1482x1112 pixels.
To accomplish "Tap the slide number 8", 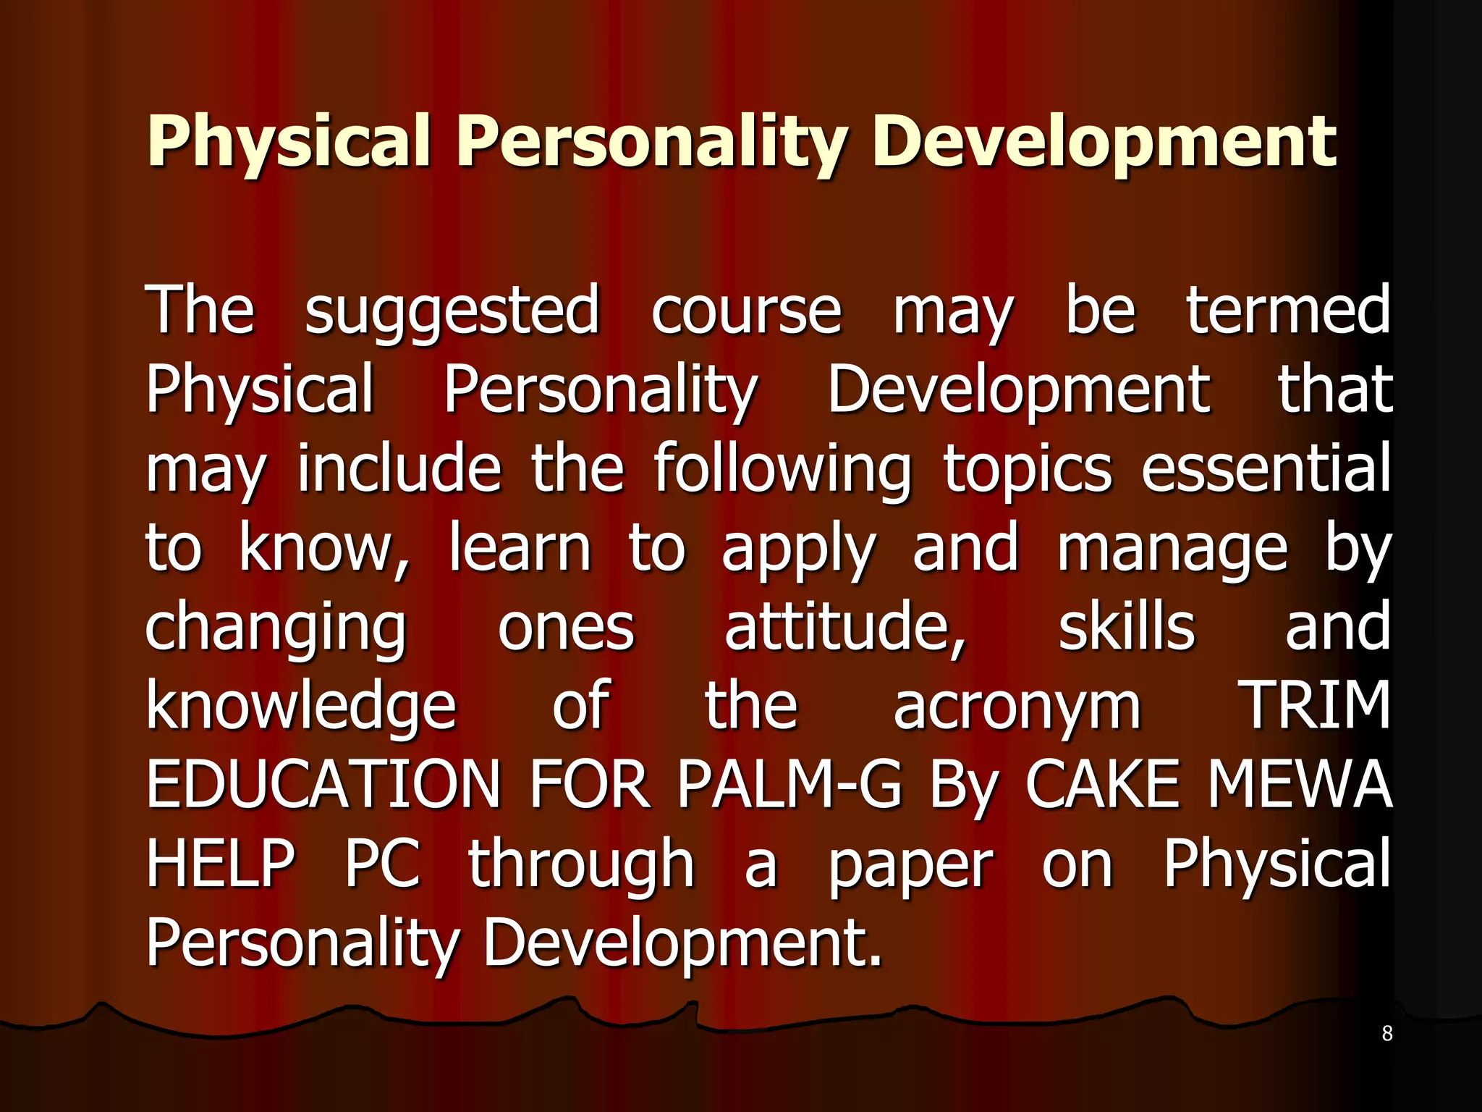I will click(1387, 1033).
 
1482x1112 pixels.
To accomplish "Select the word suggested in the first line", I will click(452, 311).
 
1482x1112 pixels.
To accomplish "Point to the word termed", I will click(1287, 311).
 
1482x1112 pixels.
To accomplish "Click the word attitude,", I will click(845, 627).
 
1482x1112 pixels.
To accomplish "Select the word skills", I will click(1127, 627).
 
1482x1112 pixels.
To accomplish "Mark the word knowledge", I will click(301, 707).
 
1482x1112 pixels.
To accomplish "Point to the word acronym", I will click(1017, 708).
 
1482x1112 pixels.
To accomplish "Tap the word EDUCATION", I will click(323, 785).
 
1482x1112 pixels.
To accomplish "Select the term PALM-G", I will click(789, 785).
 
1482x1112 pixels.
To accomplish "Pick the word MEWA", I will click(1300, 785).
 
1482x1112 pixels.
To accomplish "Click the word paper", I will click(911, 866).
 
